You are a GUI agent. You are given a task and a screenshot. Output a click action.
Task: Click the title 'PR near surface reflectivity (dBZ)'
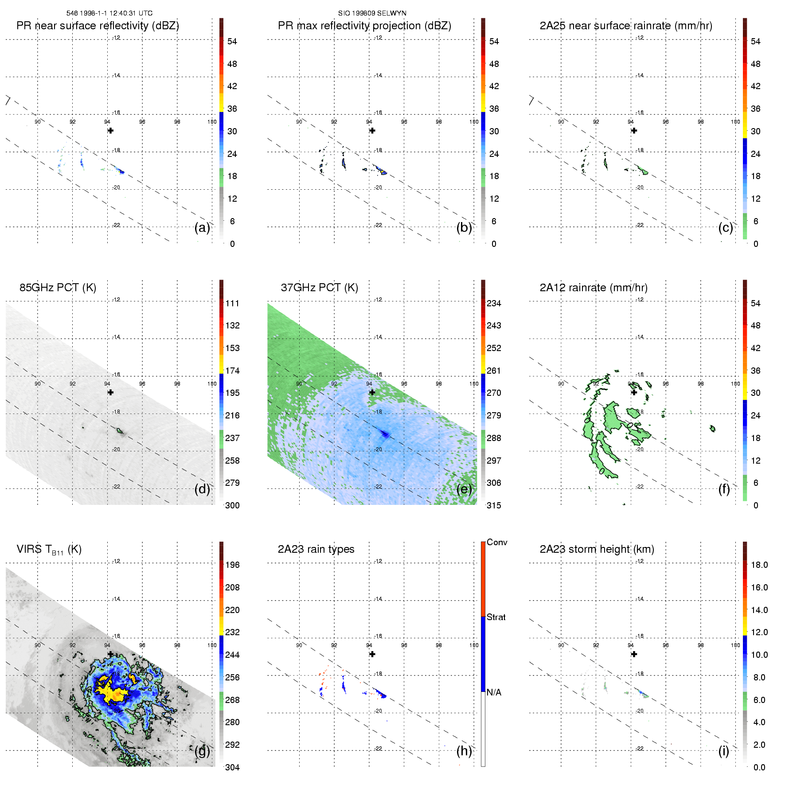(98, 26)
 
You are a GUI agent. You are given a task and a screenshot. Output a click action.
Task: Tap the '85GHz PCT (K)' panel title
(58, 288)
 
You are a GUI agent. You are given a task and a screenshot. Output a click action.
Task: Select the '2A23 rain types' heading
(316, 549)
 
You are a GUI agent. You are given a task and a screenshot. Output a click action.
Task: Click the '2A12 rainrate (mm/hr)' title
(594, 288)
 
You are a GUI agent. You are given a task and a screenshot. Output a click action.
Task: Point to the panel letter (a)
(202, 228)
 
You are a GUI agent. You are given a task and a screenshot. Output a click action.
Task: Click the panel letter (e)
(464, 489)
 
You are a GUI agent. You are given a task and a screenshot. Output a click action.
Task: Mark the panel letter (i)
(723, 751)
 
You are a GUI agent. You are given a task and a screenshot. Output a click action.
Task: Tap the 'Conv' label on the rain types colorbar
(497, 542)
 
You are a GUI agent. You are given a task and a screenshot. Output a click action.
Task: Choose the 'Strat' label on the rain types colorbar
(496, 617)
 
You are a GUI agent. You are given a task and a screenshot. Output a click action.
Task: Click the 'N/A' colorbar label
(494, 692)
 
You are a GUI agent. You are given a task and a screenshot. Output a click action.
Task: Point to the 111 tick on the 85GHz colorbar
(232, 303)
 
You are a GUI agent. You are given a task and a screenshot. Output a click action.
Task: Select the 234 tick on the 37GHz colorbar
(494, 303)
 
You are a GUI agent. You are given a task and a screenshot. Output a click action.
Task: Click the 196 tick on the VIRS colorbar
(232, 565)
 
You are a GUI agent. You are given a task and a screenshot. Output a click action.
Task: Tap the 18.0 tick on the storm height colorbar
(759, 565)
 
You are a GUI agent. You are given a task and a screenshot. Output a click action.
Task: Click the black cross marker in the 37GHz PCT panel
(372, 392)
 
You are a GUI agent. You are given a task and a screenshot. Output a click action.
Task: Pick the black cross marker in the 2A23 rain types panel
(372, 654)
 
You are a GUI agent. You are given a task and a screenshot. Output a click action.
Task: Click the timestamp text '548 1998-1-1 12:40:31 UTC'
(109, 13)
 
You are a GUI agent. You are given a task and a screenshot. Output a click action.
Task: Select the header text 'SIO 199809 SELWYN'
(372, 13)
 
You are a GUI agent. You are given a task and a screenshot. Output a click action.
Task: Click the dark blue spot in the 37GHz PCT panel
(385, 434)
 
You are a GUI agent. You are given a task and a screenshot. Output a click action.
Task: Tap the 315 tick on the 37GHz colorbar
(494, 505)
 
